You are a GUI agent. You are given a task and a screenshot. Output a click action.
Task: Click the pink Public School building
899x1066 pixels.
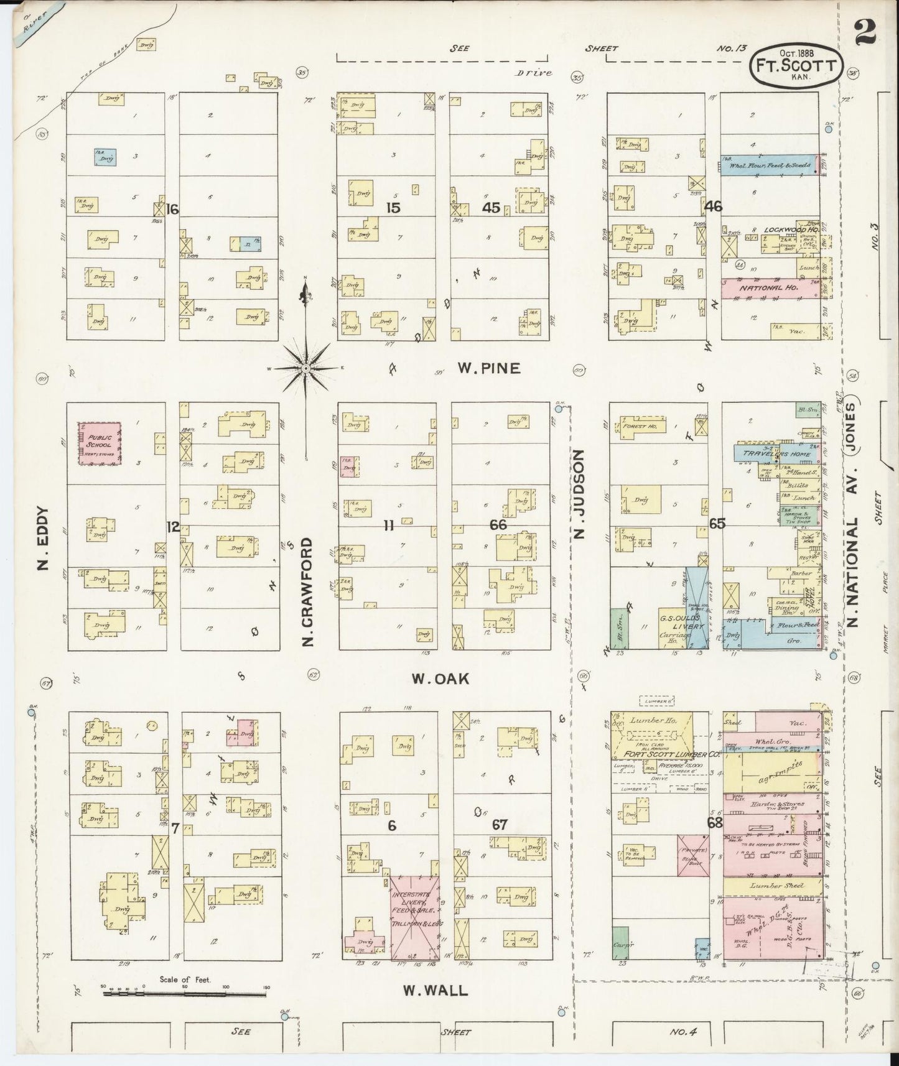click(x=99, y=443)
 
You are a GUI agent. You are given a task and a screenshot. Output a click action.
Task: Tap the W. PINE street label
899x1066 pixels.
click(x=488, y=368)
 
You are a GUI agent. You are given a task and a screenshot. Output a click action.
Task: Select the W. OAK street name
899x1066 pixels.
click(x=440, y=679)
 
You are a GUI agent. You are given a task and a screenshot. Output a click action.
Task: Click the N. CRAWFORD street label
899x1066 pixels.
click(x=307, y=591)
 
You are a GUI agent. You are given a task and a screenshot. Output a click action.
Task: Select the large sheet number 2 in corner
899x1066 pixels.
click(x=867, y=31)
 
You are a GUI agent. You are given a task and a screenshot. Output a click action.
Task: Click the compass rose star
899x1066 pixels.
click(x=305, y=369)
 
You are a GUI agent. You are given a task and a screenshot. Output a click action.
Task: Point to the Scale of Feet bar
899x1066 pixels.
click(x=185, y=994)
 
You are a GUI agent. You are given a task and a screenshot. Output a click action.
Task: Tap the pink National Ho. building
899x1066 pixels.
click(x=770, y=289)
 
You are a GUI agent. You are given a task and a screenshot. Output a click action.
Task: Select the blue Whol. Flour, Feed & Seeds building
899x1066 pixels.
click(x=768, y=165)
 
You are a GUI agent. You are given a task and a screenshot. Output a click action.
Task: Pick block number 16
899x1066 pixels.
click(x=172, y=209)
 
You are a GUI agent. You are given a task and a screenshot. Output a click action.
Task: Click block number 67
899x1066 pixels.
click(x=500, y=825)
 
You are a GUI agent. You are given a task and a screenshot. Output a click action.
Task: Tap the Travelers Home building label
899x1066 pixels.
click(x=776, y=453)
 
